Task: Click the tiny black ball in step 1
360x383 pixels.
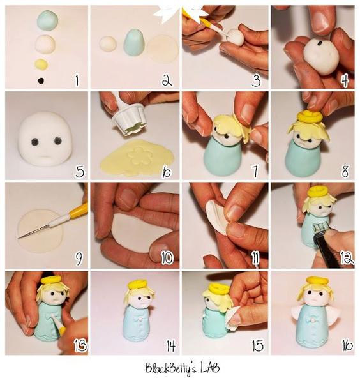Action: coord(41,80)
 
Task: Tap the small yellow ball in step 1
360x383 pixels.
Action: coord(41,64)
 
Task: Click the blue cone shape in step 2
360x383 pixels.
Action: coord(134,42)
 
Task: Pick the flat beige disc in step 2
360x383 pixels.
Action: coord(162,48)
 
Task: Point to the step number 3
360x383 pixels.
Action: coord(256,80)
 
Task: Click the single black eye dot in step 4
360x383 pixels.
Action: coord(319,43)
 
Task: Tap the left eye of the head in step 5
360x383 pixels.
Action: coord(34,141)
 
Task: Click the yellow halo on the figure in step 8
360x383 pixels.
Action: coord(309,117)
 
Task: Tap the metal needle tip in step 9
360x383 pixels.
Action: coord(19,237)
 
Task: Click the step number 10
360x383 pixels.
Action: coord(167,257)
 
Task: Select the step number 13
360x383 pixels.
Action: coord(80,345)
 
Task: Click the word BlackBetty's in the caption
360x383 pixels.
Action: coord(170,369)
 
